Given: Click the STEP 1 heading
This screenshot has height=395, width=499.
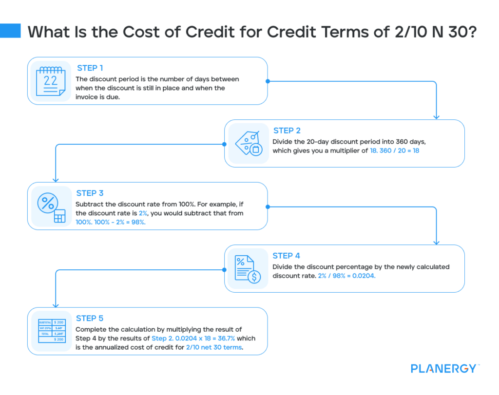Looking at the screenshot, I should click(x=90, y=68).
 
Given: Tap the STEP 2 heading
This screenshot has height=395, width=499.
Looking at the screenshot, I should click(x=287, y=131).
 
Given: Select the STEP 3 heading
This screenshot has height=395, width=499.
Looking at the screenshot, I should click(x=90, y=193).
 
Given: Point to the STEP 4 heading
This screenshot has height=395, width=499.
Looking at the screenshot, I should click(x=286, y=256).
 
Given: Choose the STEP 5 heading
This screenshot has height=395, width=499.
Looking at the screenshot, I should click(x=90, y=318).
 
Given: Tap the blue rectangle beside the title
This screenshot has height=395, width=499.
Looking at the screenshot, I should click(x=10, y=31).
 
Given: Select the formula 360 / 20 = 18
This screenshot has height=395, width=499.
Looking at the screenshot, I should click(x=393, y=151).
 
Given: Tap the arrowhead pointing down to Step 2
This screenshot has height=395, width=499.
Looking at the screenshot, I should click(x=436, y=116).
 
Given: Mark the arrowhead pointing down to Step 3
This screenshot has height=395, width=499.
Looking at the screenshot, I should click(x=56, y=179).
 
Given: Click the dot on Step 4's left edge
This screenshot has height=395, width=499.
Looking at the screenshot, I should click(x=225, y=269).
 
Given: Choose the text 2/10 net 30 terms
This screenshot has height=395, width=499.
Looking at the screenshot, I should click(x=214, y=348).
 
